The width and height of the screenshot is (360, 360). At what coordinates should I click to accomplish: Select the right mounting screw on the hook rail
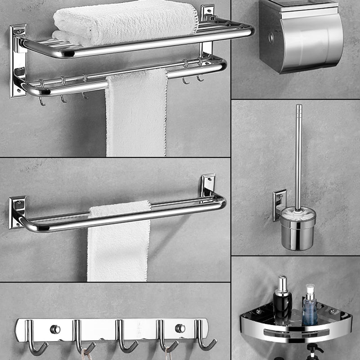point(180,328)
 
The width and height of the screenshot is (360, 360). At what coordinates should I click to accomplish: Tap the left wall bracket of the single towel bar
point(17,211)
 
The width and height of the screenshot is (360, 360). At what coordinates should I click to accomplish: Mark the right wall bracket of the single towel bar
point(208,184)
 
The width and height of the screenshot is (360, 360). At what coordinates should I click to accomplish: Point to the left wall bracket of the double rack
point(18,61)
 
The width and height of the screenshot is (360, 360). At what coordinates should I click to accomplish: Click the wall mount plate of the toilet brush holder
point(279,205)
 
